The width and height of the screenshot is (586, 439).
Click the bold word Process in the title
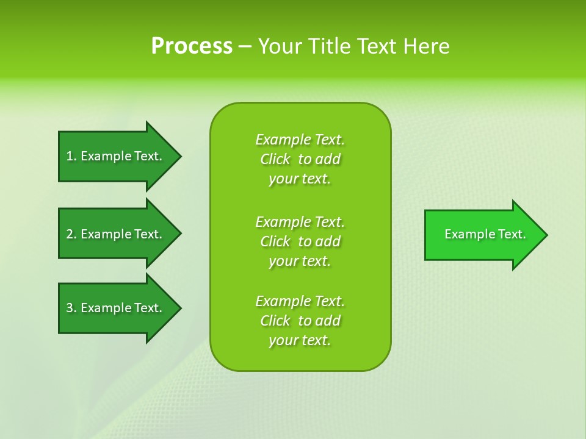(192, 46)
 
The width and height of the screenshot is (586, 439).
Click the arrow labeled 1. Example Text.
(114, 156)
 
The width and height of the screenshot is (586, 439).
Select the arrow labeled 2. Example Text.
(114, 234)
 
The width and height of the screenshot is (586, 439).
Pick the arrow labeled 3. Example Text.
(114, 308)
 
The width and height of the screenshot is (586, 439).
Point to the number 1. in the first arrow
(71, 156)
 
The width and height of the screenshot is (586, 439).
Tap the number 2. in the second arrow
(71, 234)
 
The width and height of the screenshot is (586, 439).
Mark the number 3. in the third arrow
(71, 308)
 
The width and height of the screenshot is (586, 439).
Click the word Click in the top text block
(275, 159)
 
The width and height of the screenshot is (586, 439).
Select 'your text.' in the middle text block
(300, 261)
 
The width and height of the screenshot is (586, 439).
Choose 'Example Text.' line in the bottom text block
(300, 301)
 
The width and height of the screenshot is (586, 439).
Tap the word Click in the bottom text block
(275, 321)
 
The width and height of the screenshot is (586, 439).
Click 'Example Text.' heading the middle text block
(300, 221)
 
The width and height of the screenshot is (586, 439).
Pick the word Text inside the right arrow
(512, 234)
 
